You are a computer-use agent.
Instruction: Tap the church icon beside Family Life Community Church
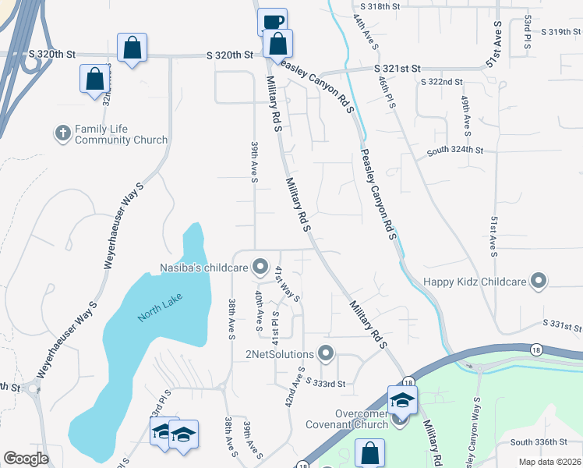pos(63,133)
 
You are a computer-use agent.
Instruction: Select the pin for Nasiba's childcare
pos(260,268)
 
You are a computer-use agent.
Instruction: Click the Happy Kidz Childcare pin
pos(538,281)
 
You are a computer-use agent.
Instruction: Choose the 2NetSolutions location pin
pos(326,355)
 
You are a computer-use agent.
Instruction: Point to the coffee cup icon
pos(272,23)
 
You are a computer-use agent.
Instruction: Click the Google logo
pos(26,459)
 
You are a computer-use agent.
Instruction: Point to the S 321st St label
pos(394,69)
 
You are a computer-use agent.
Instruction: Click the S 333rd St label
pos(325,384)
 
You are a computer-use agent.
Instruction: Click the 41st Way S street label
pos(287,282)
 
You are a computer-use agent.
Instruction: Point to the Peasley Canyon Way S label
pos(472,433)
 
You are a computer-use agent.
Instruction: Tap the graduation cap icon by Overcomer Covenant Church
pos(402,399)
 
